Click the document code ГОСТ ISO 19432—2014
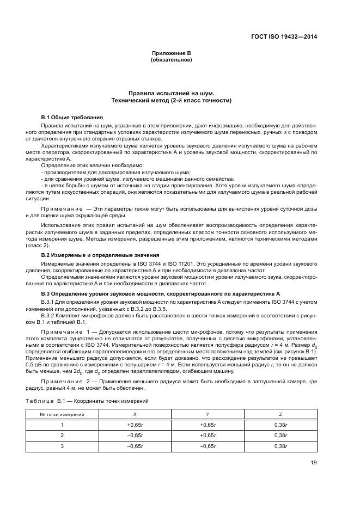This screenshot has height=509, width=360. click(284, 37)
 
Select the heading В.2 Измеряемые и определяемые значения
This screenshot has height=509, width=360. click(100, 255)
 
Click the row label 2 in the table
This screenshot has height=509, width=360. click(62, 435)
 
